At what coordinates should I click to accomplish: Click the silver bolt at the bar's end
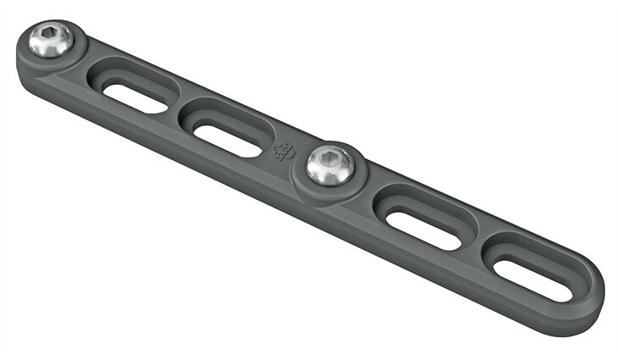51,40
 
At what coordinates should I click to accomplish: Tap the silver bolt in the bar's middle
329,163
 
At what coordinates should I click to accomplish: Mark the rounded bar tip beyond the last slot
593,292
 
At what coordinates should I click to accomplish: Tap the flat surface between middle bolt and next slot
369,185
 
